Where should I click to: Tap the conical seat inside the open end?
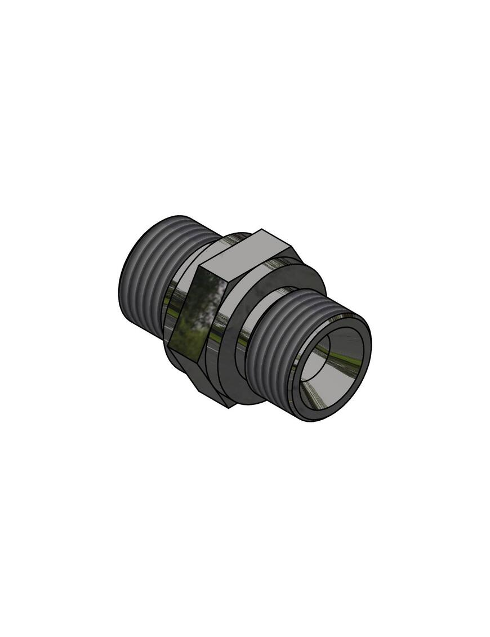[344, 360]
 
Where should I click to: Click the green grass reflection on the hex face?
[186, 338]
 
